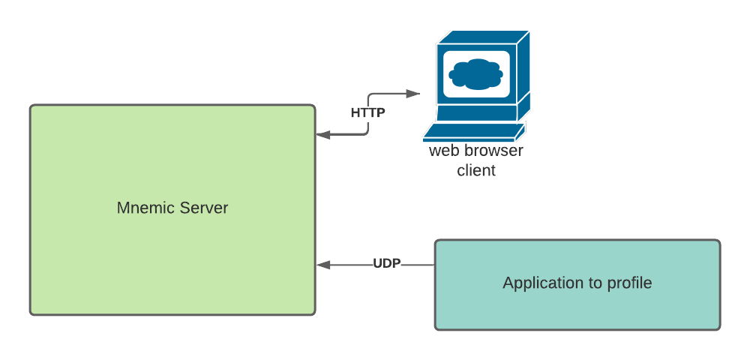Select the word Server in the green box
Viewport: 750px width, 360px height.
(x=201, y=208)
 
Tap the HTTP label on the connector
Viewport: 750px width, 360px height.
(x=367, y=113)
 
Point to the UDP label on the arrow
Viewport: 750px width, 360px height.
(x=387, y=264)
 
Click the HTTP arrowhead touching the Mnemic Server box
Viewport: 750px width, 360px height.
(x=322, y=135)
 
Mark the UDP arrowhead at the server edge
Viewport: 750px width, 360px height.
(x=322, y=264)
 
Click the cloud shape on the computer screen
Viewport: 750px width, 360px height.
(x=475, y=73)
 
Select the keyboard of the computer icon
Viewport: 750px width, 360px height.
(x=472, y=133)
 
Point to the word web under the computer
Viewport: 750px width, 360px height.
(x=442, y=151)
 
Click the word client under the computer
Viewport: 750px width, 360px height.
(x=476, y=171)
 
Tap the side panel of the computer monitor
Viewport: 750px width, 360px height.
(x=523, y=75)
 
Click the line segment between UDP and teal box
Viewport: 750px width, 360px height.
(x=418, y=264)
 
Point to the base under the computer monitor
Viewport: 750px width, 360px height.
(x=476, y=113)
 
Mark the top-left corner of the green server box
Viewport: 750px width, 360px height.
(x=31, y=106)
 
